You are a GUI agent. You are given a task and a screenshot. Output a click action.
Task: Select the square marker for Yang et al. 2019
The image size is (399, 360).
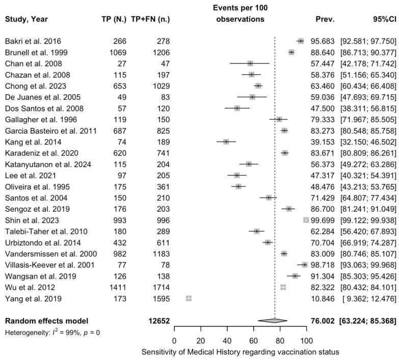tap(189, 298)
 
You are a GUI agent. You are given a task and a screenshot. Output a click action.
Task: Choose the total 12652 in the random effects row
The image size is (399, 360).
tap(158, 321)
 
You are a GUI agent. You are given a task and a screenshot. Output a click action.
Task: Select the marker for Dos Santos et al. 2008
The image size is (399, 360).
tap(237, 108)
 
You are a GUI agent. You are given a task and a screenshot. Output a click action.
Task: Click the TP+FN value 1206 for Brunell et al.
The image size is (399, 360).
tap(159, 52)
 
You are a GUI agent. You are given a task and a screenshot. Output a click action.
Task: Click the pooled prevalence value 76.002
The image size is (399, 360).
tap(322, 321)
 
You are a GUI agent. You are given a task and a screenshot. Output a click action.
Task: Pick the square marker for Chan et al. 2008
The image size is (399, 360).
tap(250, 64)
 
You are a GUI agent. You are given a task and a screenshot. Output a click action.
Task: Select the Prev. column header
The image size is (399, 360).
tap(325, 20)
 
